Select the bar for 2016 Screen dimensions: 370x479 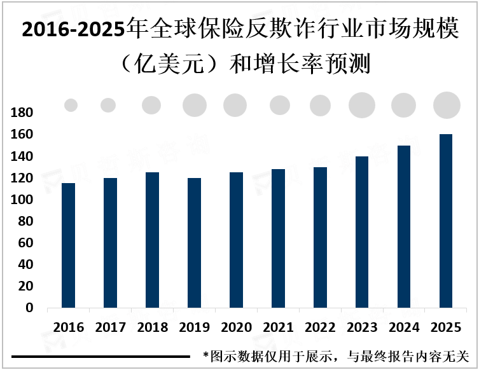(68, 245)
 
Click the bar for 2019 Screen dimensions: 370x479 (193, 243)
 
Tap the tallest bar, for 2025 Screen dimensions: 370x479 (446, 221)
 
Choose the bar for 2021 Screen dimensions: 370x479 (278, 238)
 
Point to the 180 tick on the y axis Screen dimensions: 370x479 (22, 113)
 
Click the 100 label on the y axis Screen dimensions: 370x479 (22, 200)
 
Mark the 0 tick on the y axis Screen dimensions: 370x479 (28, 308)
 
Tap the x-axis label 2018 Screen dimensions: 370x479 (152, 328)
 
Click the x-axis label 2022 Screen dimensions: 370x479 (320, 328)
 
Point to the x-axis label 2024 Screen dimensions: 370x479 (404, 328)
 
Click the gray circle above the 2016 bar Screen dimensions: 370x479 (71, 106)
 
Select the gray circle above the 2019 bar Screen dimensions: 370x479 (195, 105)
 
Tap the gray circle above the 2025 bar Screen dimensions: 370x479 (447, 105)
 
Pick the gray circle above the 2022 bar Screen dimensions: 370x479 (320, 105)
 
